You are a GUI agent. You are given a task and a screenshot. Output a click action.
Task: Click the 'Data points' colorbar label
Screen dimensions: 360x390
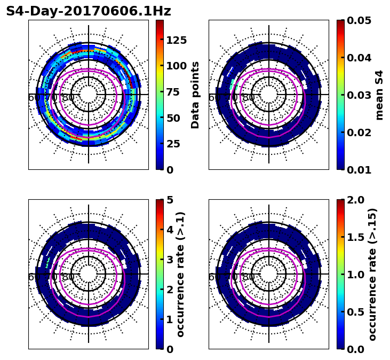point(195,95)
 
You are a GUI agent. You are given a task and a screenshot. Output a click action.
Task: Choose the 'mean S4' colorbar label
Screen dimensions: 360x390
point(379,95)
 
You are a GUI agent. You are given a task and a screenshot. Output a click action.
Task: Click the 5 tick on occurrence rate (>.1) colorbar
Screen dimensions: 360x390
point(170,200)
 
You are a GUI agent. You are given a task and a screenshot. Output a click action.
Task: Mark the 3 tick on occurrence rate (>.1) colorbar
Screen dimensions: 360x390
point(170,260)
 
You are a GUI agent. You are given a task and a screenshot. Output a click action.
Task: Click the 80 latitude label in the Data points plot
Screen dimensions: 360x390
point(68,98)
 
